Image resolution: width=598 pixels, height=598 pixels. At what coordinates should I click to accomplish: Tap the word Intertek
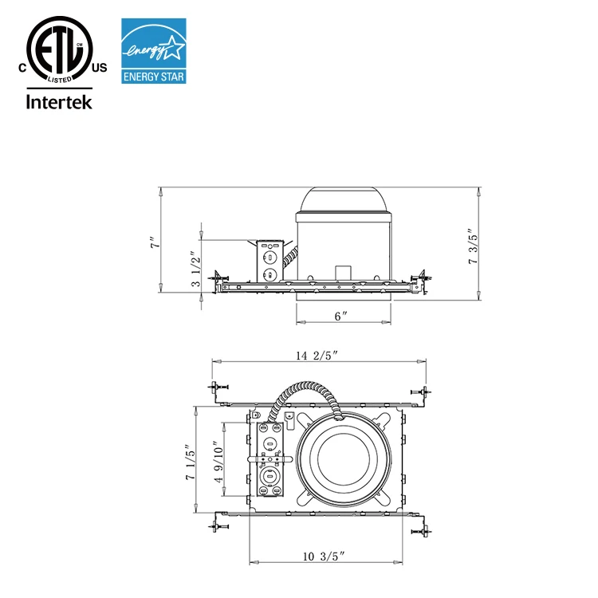[60, 101]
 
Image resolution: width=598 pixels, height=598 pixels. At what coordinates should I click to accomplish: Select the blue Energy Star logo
[152, 52]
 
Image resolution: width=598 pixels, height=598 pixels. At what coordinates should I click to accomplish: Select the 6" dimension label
[341, 316]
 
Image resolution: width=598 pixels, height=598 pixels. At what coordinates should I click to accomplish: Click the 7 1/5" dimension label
[190, 462]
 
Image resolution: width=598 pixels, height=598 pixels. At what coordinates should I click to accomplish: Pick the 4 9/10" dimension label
[218, 462]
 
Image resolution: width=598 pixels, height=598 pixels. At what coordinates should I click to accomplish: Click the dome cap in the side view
[343, 200]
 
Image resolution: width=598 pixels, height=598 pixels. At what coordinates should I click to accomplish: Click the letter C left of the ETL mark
[22, 69]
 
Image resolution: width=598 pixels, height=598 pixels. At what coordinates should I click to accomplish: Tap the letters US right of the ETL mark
[99, 69]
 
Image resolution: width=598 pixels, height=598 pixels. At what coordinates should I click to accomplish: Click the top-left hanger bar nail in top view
[218, 388]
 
